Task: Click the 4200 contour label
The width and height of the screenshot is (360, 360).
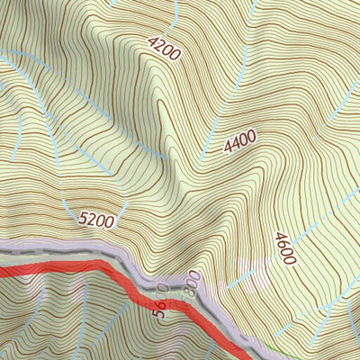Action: (x=165, y=49)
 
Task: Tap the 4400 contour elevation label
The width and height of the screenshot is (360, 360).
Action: (x=240, y=141)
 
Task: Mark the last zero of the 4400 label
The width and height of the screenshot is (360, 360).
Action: (x=252, y=136)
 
